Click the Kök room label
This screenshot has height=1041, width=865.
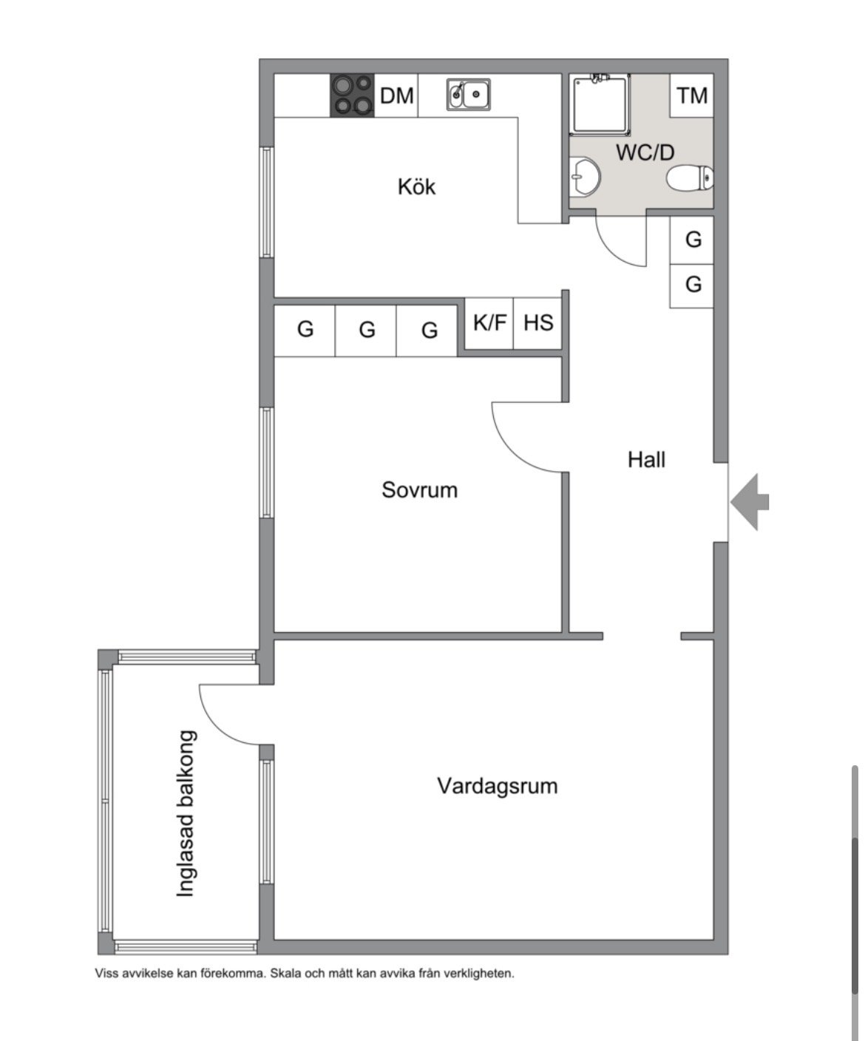(x=416, y=187)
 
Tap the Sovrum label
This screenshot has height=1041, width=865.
(x=419, y=490)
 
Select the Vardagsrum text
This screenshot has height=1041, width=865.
(x=497, y=786)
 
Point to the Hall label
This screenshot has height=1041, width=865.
(x=646, y=460)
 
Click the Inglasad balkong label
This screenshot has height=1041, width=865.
(x=186, y=814)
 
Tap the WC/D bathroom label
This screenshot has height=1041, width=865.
(x=645, y=152)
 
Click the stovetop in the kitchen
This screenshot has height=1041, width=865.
(x=352, y=95)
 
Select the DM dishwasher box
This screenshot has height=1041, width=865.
(x=396, y=95)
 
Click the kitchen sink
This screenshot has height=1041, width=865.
(x=469, y=94)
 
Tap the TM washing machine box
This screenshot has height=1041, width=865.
(x=691, y=95)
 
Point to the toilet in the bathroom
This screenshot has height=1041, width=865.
(x=690, y=178)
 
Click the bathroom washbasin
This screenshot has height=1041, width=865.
(x=585, y=176)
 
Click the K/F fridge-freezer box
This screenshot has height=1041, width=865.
(x=489, y=323)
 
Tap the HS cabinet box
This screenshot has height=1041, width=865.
(x=538, y=323)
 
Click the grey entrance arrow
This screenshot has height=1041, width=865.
(x=750, y=502)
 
